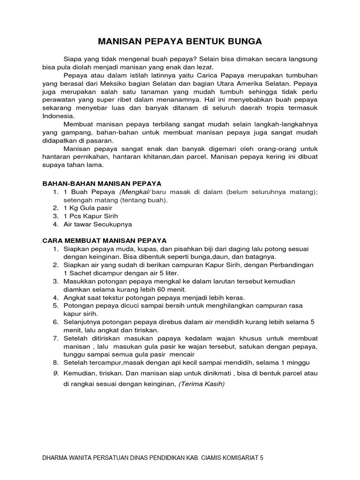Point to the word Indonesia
(x=58, y=116)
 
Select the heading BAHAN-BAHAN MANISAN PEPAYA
(x=102, y=183)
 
